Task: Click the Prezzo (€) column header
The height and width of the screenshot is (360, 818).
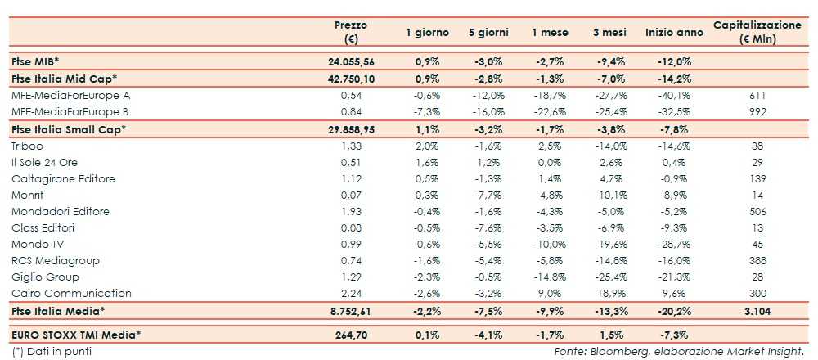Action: point(351,32)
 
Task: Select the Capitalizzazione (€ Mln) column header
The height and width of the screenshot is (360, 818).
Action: point(757,32)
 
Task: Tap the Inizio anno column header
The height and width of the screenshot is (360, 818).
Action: point(674,33)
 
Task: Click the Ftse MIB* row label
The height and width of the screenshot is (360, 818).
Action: point(36,61)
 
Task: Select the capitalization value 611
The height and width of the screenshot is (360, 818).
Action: point(757,95)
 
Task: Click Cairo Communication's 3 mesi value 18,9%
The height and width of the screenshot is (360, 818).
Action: point(610,293)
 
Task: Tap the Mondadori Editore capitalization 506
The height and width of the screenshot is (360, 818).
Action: point(757,211)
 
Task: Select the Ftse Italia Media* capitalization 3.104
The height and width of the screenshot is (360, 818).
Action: point(757,311)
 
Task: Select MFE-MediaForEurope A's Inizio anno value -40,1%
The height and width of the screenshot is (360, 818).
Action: point(674,95)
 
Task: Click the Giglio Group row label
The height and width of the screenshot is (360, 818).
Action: point(46,277)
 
